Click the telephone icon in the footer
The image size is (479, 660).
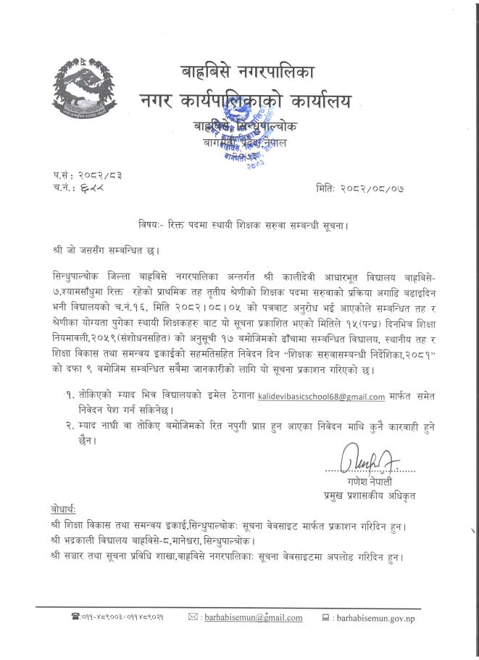point(75,617)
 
